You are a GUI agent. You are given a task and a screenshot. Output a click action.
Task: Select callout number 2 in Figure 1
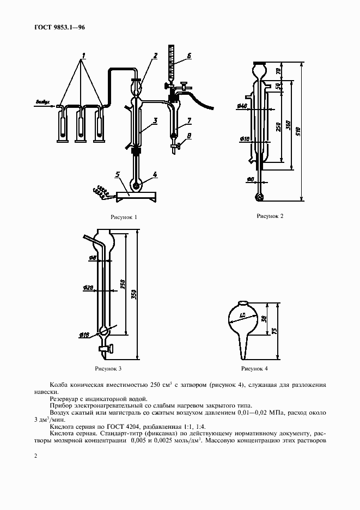point(155,56)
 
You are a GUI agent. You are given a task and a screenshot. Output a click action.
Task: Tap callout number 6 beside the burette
point(188,56)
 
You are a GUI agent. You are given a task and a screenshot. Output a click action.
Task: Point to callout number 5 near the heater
point(117,174)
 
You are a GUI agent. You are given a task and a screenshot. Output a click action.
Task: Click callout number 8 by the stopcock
point(189,136)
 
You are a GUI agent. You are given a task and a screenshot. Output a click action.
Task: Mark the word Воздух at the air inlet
point(42,102)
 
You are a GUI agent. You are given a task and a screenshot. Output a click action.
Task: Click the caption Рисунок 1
point(123,217)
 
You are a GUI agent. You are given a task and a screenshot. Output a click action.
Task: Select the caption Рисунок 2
point(270,216)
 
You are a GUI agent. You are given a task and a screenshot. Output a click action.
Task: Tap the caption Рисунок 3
point(108,369)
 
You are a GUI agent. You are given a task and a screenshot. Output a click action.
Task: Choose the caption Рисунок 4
point(255,369)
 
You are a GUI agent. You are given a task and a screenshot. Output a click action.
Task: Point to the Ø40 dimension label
point(242,106)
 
